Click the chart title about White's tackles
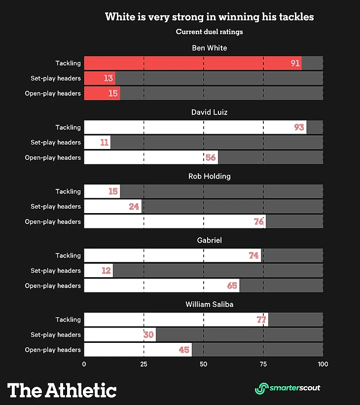tap(209, 17)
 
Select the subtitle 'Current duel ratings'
tap(209, 32)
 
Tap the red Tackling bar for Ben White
tap(192, 63)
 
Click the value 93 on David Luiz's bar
tap(299, 127)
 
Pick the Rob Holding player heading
tap(209, 176)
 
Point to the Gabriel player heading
tap(209, 240)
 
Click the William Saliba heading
tap(209, 304)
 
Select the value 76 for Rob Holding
tap(259, 221)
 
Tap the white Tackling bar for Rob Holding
tap(102, 191)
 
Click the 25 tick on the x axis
tap(144, 365)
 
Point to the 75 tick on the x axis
tap(263, 365)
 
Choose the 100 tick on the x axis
tap(323, 365)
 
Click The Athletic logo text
tap(62, 390)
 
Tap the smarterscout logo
tap(288, 388)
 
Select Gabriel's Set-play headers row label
tap(56, 270)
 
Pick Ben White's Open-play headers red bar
tap(102, 93)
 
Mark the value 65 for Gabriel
tap(232, 286)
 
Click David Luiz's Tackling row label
tap(68, 127)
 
